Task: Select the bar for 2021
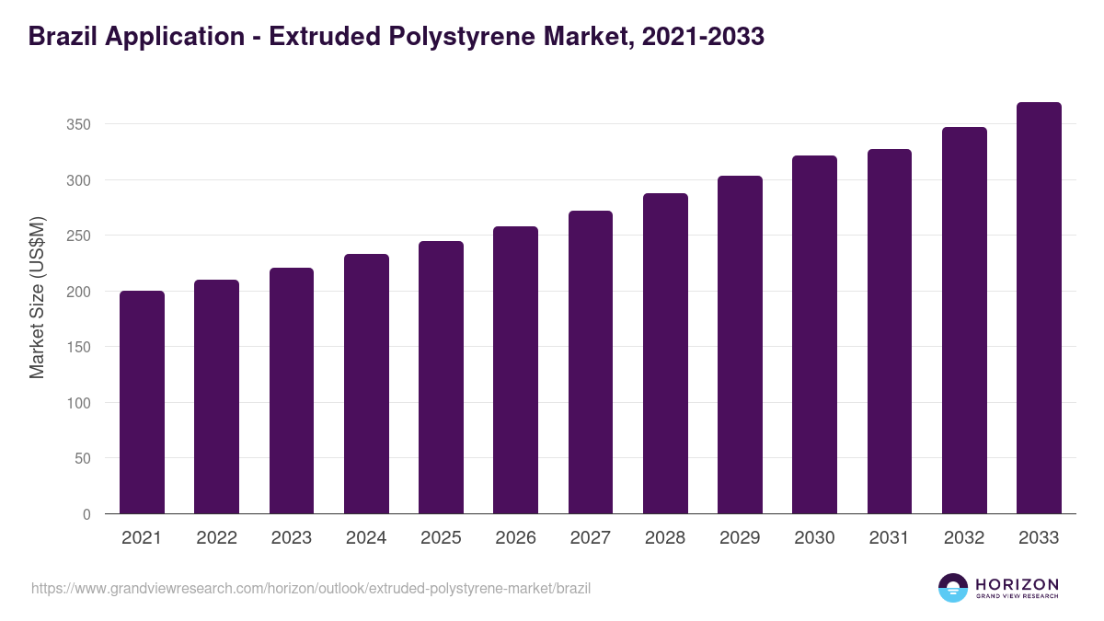[142, 402]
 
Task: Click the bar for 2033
[1039, 308]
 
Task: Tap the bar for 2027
[591, 362]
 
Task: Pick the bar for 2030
[814, 335]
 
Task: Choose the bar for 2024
[366, 384]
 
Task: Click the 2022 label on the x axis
[216, 538]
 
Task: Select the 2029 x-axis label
[740, 538]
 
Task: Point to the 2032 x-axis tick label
[964, 538]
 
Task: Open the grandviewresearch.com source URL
[311, 588]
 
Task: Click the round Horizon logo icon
[953, 588]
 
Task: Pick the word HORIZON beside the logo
[1017, 584]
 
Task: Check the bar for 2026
[515, 370]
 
